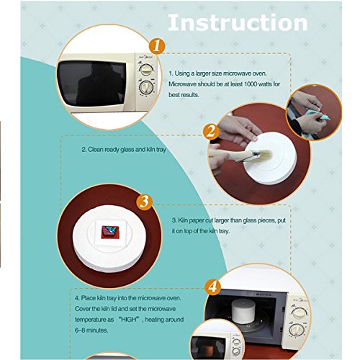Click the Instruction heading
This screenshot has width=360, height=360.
click(238, 22)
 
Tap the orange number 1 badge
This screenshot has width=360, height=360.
click(157, 45)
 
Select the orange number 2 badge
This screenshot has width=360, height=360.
click(211, 132)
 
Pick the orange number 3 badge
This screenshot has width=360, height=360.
click(145, 202)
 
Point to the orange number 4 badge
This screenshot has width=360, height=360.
click(213, 287)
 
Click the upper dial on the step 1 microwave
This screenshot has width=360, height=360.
click(146, 70)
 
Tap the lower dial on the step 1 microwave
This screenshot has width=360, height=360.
click(146, 87)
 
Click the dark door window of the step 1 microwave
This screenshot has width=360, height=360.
click(91, 83)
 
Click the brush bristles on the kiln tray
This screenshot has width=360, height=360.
click(264, 154)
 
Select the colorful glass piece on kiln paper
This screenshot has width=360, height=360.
click(109, 232)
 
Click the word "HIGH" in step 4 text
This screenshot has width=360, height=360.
click(129, 320)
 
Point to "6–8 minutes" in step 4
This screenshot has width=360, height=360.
click(91, 330)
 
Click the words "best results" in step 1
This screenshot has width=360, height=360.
click(184, 95)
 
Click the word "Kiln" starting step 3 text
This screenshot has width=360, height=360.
click(183, 220)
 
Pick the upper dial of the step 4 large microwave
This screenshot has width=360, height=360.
click(299, 313)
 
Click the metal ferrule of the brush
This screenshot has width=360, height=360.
click(251, 155)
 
